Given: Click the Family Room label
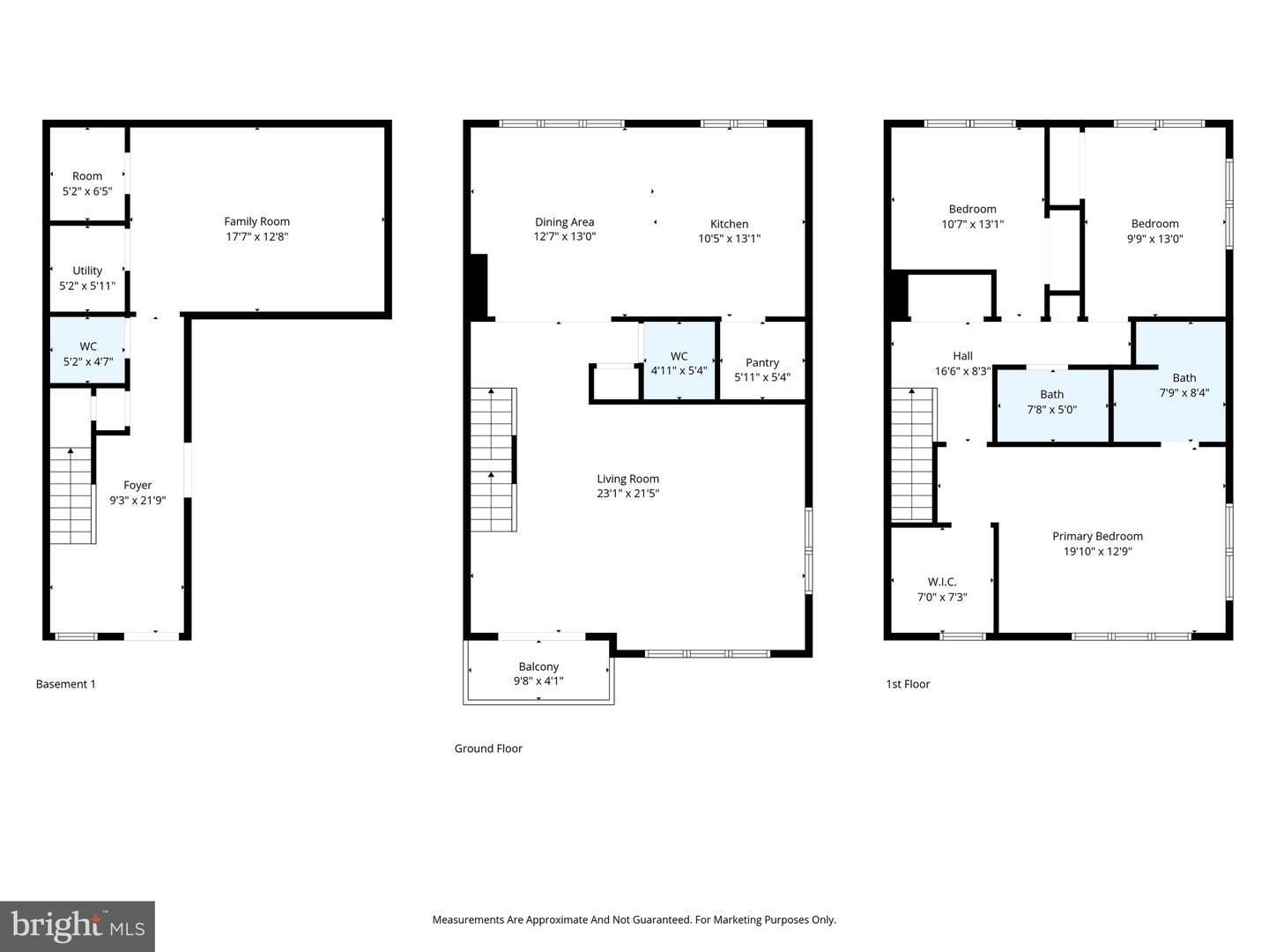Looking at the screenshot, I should pyautogui.click(x=256, y=222).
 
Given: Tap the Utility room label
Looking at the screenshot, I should pyautogui.click(x=87, y=271).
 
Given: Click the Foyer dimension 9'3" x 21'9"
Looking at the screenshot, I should pyautogui.click(x=137, y=501).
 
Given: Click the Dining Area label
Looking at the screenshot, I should pyautogui.click(x=564, y=222).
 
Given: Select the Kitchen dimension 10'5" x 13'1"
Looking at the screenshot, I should pyautogui.click(x=729, y=239).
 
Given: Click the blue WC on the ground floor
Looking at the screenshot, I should pyautogui.click(x=679, y=362).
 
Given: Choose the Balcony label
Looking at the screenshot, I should pyautogui.click(x=538, y=666).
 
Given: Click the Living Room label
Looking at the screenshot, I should pyautogui.click(x=627, y=479).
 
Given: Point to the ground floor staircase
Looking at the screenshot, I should pyautogui.click(x=493, y=459).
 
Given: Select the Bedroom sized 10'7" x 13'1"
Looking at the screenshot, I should pyautogui.click(x=972, y=216).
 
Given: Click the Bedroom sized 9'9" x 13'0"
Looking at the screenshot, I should pyautogui.click(x=1154, y=230).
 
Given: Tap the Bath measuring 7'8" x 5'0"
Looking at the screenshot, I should pyautogui.click(x=1051, y=402).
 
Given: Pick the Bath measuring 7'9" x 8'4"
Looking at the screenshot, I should pyautogui.click(x=1184, y=385).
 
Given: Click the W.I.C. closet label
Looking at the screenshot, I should pyautogui.click(x=941, y=582).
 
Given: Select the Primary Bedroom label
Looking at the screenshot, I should pyautogui.click(x=1097, y=536).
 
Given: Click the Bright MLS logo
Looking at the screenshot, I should pyautogui.click(x=78, y=926).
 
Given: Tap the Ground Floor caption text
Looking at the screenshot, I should pyautogui.click(x=488, y=748).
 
